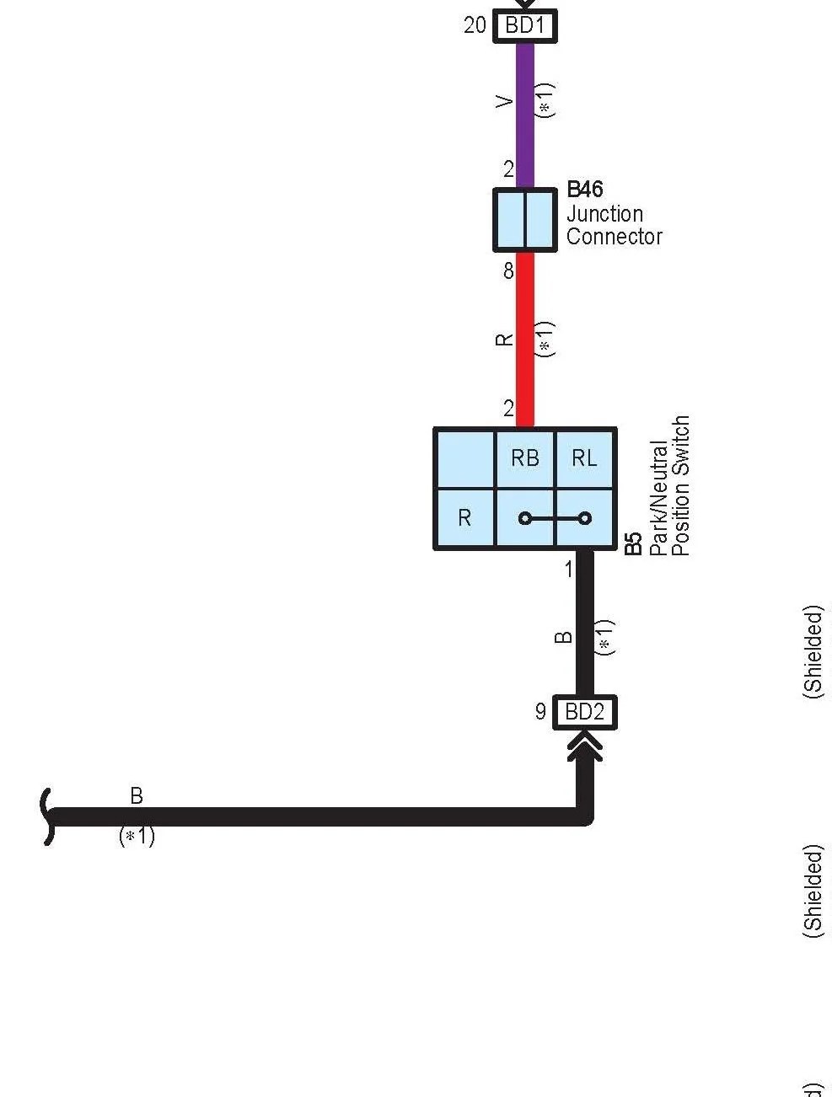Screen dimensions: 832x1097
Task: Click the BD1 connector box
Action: click(524, 25)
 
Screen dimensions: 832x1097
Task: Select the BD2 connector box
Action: click(584, 712)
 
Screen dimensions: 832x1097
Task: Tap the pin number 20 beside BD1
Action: click(475, 25)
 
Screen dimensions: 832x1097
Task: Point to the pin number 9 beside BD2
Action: click(540, 711)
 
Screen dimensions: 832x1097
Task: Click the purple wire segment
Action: click(525, 115)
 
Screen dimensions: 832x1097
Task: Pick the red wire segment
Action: click(525, 340)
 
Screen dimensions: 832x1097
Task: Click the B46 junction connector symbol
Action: click(525, 220)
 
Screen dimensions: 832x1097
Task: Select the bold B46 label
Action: click(584, 189)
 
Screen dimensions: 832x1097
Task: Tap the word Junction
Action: click(604, 214)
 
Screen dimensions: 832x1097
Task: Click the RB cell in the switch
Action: click(525, 458)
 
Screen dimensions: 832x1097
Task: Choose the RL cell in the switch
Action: click(584, 458)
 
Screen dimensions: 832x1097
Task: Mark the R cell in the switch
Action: click(464, 518)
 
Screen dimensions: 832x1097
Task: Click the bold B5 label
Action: click(634, 543)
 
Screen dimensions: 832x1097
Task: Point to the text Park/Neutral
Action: click(659, 498)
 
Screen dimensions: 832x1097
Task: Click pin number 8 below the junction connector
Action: click(508, 270)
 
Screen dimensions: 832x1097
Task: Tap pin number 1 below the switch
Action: click(568, 570)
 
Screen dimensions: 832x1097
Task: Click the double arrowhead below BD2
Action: click(584, 745)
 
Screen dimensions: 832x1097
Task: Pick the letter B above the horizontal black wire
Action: click(137, 795)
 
